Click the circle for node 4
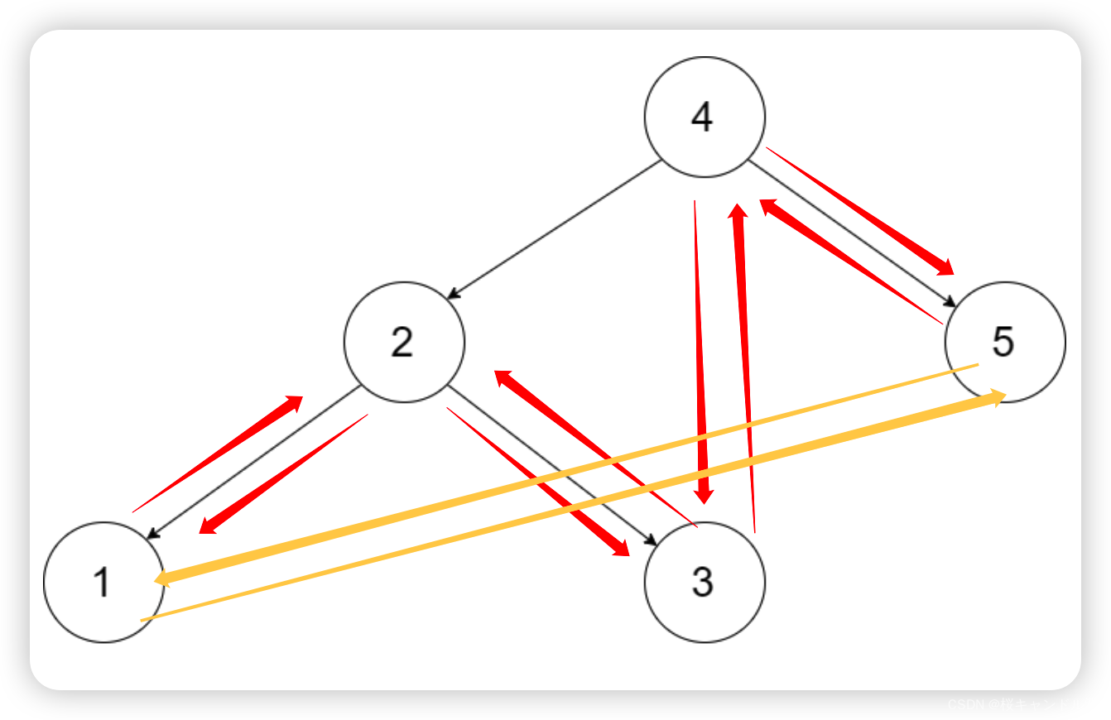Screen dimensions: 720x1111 (x=705, y=117)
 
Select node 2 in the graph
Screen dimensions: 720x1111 (x=404, y=342)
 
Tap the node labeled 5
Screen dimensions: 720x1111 (x=1005, y=342)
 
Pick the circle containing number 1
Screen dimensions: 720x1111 (x=103, y=582)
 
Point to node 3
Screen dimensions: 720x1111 (x=705, y=582)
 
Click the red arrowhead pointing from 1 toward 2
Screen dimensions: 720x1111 (x=293, y=402)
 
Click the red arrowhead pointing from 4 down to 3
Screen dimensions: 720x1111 (x=704, y=495)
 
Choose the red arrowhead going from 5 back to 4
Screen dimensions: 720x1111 (x=767, y=204)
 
